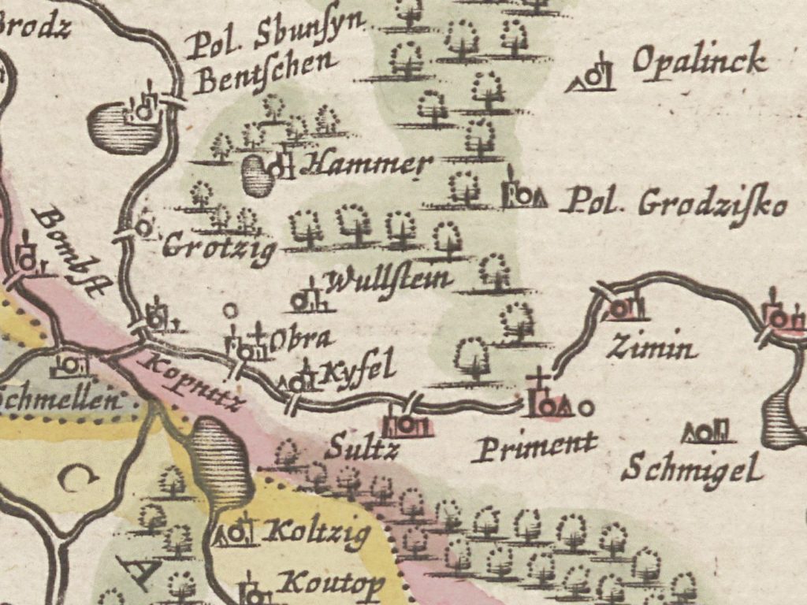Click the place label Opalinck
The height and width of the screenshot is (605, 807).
point(698,61)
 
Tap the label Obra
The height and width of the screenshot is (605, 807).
point(302,340)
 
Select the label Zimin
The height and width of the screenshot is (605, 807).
point(652,347)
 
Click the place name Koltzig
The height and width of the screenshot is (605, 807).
point(318,533)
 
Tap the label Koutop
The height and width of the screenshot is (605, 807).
point(333,584)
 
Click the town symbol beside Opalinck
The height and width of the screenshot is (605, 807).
point(593,74)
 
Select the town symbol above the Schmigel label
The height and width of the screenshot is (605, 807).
point(708,431)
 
